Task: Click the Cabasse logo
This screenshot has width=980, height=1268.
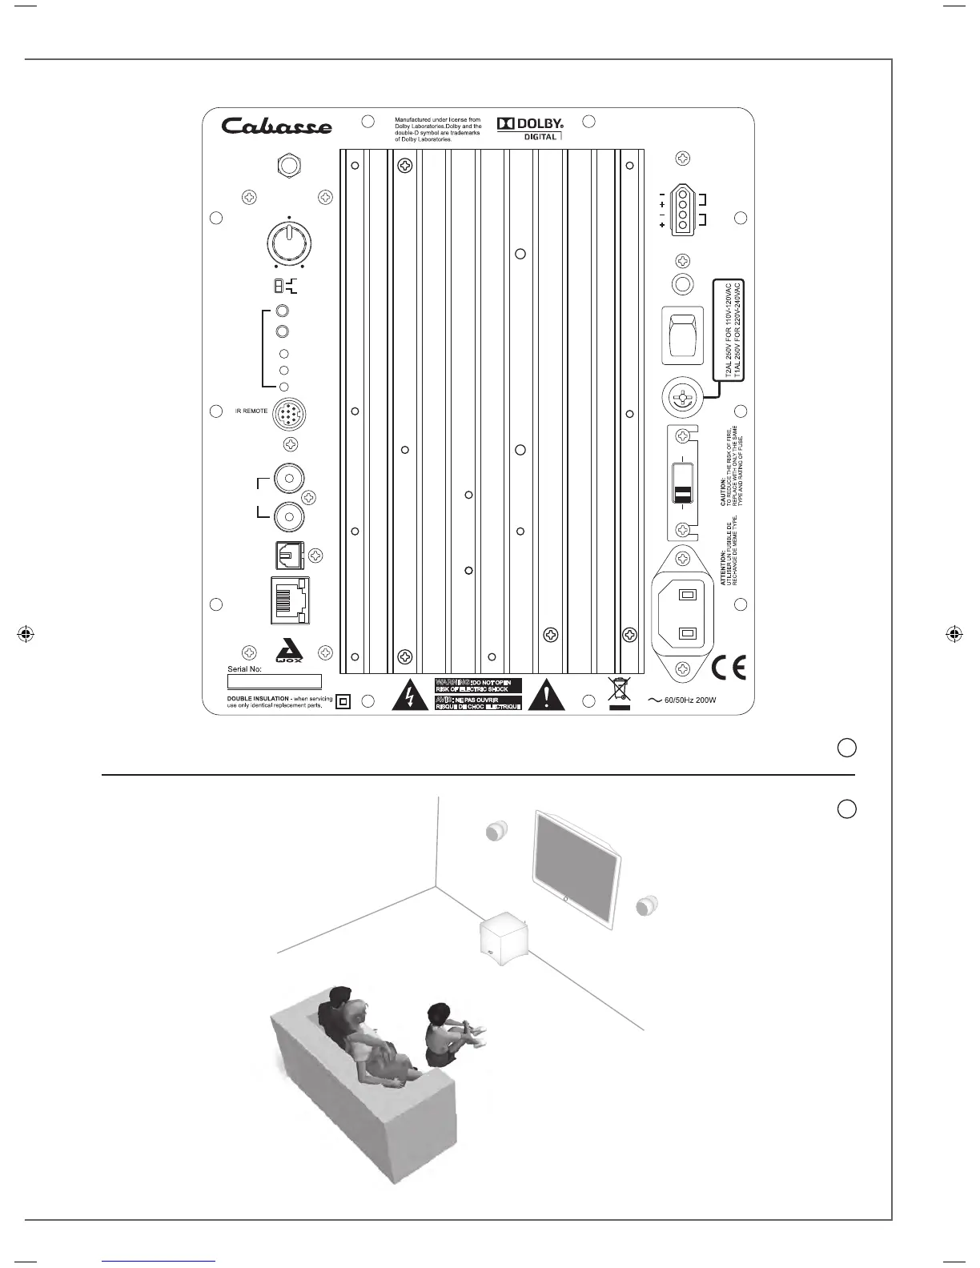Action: (276, 126)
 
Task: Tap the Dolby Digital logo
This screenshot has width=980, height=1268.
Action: (531, 128)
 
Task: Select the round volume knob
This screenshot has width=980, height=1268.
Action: (287, 241)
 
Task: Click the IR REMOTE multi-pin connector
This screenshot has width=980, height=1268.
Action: (290, 415)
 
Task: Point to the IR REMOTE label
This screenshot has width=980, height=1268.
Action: (251, 411)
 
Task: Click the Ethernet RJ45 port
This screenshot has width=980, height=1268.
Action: (290, 600)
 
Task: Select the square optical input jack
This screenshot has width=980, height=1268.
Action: (289, 555)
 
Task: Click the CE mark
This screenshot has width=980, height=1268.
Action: (728, 668)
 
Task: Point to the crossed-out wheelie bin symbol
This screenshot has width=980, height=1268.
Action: (618, 691)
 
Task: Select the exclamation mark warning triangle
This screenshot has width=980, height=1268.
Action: (547, 696)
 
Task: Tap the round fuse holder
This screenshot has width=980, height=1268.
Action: (681, 396)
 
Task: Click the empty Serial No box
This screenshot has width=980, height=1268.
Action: (275, 682)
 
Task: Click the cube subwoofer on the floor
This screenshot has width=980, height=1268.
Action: (504, 939)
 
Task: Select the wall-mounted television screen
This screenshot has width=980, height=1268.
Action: (576, 866)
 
